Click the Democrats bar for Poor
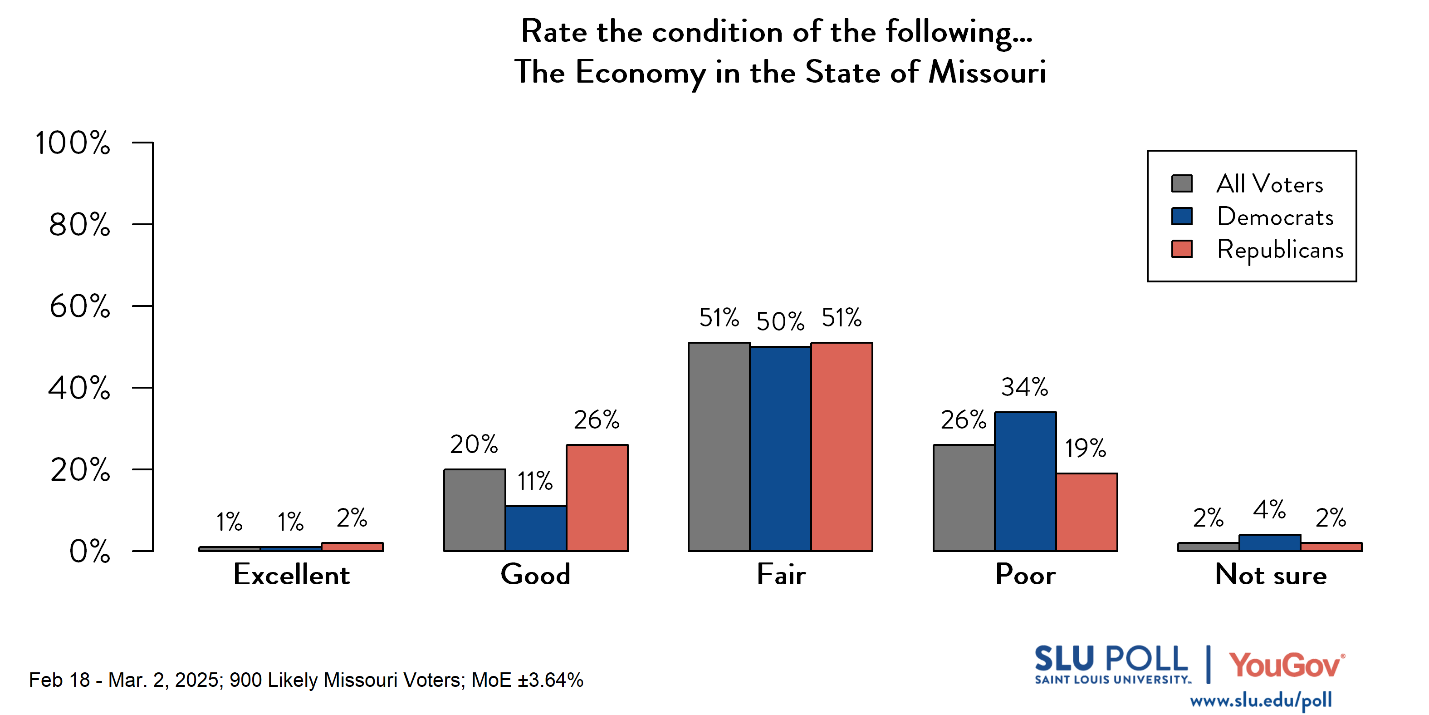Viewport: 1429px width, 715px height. [1025, 481]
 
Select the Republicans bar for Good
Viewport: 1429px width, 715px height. [597, 498]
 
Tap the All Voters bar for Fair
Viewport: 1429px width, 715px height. [719, 447]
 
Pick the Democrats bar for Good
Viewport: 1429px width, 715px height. [536, 528]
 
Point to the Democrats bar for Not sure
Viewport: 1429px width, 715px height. [1270, 543]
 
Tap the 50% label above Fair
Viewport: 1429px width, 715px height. [780, 321]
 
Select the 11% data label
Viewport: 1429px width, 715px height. [535, 481]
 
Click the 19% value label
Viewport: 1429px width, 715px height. [1085, 448]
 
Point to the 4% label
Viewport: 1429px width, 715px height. [1269, 510]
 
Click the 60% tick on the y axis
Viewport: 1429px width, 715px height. [80, 306]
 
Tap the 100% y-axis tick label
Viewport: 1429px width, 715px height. [73, 143]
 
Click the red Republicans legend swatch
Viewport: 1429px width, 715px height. [1182, 249]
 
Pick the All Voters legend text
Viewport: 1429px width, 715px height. [1269, 184]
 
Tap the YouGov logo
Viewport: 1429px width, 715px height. [1287, 665]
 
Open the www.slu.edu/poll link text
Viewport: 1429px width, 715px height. [1260, 700]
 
